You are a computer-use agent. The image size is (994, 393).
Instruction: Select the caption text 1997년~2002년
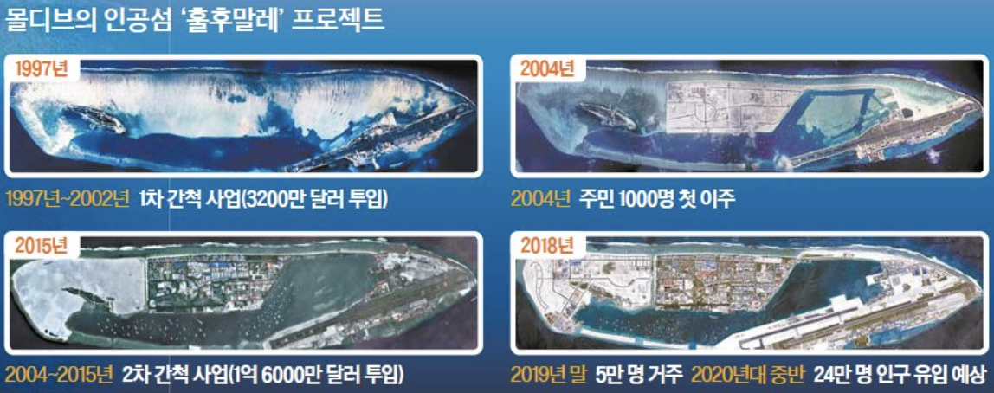[x=68, y=198]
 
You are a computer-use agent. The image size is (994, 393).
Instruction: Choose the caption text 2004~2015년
[x=59, y=376]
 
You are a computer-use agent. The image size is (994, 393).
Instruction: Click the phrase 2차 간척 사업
[x=177, y=376]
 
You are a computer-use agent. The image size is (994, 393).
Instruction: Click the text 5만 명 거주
[x=638, y=376]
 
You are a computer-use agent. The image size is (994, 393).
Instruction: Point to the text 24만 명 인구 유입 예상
[x=900, y=376]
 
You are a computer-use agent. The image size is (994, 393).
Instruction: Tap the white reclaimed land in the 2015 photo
[x=78, y=286]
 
